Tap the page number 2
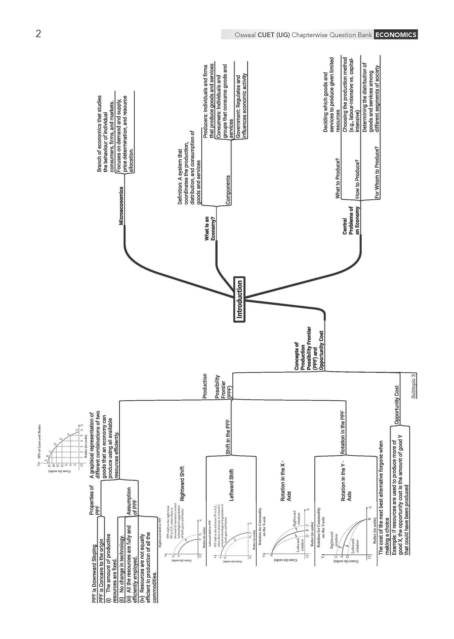pyautogui.click(x=39, y=34)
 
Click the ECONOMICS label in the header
pyautogui.click(x=395, y=35)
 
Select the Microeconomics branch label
pyautogui.click(x=121, y=205)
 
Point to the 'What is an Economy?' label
pyautogui.click(x=210, y=229)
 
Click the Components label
pyautogui.click(x=228, y=189)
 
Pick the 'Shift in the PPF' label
pyautogui.click(x=228, y=437)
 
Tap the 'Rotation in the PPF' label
pyautogui.click(x=342, y=432)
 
